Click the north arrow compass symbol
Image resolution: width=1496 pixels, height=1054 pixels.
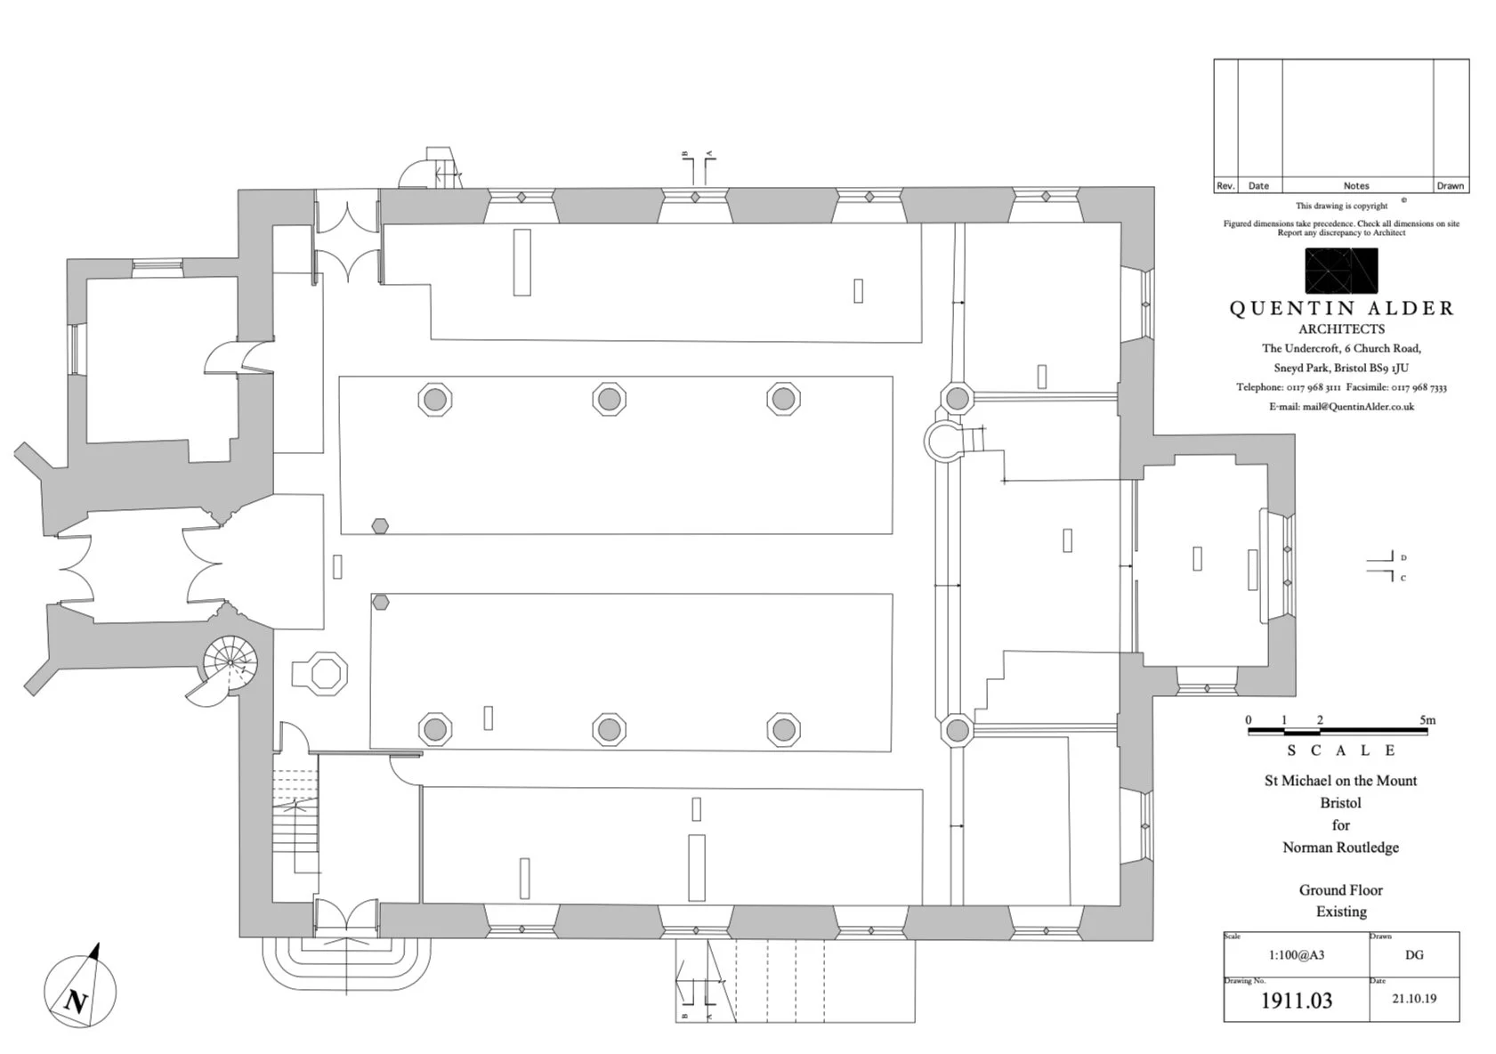click(79, 990)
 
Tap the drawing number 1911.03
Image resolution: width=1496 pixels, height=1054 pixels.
click(1297, 1001)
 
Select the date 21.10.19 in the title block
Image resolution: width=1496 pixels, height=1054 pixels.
click(1414, 998)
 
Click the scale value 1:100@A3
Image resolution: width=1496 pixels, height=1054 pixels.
click(1296, 955)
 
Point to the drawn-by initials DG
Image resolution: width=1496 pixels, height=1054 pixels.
click(1414, 955)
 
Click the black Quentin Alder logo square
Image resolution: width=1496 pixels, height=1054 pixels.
click(1341, 271)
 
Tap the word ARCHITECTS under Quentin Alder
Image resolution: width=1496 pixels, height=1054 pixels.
click(1341, 328)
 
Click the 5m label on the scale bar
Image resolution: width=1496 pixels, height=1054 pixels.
click(1427, 720)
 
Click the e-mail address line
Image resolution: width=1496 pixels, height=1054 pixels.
click(1341, 407)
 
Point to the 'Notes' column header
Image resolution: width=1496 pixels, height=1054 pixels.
click(1356, 186)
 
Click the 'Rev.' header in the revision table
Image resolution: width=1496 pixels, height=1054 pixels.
click(1225, 186)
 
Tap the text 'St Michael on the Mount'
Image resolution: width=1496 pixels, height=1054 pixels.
click(1340, 781)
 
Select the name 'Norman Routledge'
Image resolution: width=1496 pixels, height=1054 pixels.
click(1340, 847)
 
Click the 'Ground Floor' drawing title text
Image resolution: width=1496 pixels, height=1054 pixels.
click(1340, 890)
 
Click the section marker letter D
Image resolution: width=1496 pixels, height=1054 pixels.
click(1403, 558)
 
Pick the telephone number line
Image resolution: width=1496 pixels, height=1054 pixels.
click(1341, 387)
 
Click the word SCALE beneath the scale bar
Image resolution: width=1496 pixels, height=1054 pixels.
click(1341, 750)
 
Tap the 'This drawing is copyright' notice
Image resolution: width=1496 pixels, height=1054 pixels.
click(1341, 206)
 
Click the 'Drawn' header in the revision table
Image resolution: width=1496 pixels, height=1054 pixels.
click(1450, 186)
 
